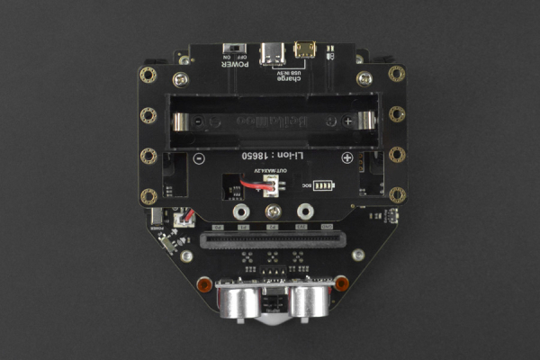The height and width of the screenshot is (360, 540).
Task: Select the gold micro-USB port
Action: [306, 49]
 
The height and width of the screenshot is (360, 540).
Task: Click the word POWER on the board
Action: [237, 64]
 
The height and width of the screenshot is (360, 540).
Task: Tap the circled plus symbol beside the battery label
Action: [346, 157]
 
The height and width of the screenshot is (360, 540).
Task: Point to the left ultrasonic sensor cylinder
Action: [237, 299]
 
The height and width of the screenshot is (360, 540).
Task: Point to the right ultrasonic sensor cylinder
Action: [308, 299]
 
